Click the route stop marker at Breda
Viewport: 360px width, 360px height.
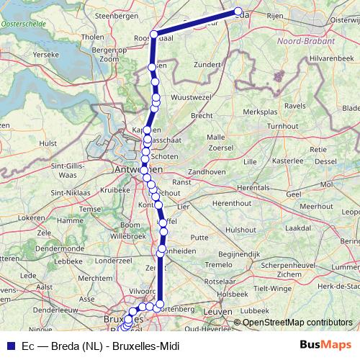(238, 12)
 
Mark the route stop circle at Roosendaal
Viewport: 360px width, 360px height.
(153, 34)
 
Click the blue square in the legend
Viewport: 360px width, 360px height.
(9, 346)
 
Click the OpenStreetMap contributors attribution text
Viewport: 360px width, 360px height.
(297, 323)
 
